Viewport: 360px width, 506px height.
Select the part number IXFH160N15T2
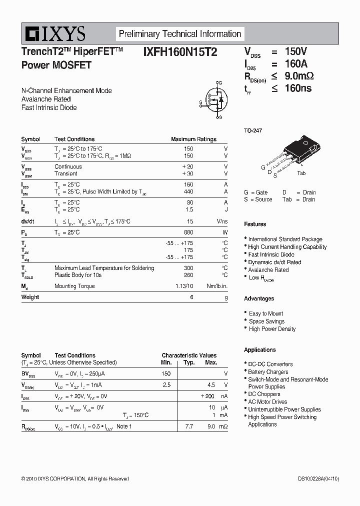click(x=180, y=51)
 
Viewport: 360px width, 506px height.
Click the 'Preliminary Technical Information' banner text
click(x=179, y=34)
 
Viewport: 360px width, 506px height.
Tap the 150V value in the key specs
click(x=295, y=51)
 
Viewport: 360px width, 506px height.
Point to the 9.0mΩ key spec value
click(x=299, y=76)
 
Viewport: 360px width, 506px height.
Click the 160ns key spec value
click(x=298, y=88)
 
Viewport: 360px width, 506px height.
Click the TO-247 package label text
click(x=253, y=130)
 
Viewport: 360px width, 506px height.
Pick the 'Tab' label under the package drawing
click(x=301, y=173)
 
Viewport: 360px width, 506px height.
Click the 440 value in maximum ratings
click(x=188, y=192)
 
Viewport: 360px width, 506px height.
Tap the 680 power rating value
click(x=188, y=232)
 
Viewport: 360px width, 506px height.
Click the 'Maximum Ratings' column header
click(x=193, y=139)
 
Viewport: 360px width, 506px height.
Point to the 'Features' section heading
click(x=255, y=224)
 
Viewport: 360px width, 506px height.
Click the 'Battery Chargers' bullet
click(x=268, y=372)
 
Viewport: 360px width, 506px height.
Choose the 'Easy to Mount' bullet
click(x=266, y=313)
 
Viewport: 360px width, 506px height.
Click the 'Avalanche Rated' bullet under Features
click(x=268, y=269)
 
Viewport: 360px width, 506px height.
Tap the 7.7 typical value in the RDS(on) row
click(x=189, y=426)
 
